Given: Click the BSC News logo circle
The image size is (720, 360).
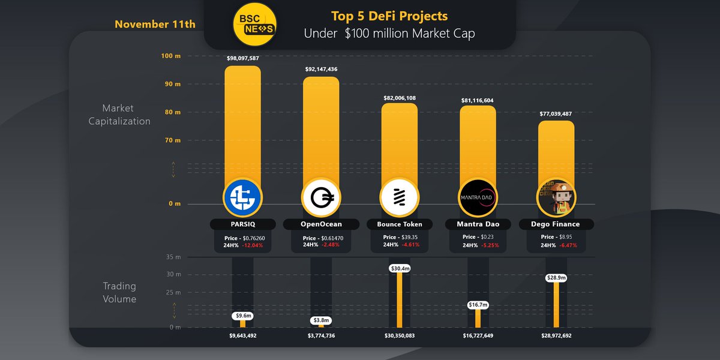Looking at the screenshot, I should click(x=254, y=24).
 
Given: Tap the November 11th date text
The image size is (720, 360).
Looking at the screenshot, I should click(x=155, y=25).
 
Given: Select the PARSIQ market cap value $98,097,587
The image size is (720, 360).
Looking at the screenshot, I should click(x=243, y=58).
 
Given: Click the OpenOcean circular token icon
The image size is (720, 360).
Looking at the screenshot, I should click(x=321, y=197).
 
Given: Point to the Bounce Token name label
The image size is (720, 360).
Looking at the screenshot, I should click(x=399, y=224).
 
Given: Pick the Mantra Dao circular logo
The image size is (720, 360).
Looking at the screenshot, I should click(x=478, y=197).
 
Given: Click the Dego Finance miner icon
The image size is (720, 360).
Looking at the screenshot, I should click(x=556, y=197).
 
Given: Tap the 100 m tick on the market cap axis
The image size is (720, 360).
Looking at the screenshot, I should click(x=170, y=56).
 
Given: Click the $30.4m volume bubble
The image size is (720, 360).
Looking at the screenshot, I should click(x=400, y=268).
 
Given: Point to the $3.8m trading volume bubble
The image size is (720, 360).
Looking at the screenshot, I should click(x=321, y=320).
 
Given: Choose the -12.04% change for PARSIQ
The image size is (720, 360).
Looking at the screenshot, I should click(x=253, y=245).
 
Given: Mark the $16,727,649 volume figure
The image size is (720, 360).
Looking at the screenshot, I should click(x=478, y=336).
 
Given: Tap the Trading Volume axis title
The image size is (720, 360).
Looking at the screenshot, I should click(x=119, y=292).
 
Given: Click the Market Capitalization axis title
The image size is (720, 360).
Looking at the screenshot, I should click(x=119, y=115).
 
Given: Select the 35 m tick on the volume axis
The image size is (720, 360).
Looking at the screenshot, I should click(x=173, y=257).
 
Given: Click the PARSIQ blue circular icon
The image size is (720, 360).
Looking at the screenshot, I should click(x=242, y=197).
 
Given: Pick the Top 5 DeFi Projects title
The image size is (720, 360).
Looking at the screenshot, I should click(x=389, y=16).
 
